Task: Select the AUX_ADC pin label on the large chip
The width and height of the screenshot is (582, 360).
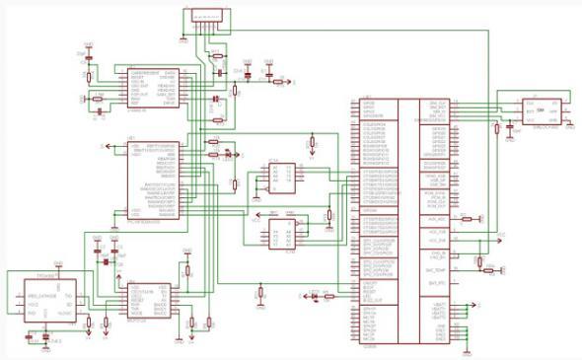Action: pyautogui.click(x=435, y=218)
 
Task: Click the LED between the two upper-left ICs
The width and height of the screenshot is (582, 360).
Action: pyautogui.click(x=228, y=154)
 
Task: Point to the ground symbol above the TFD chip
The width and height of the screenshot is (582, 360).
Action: pyautogui.click(x=58, y=265)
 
